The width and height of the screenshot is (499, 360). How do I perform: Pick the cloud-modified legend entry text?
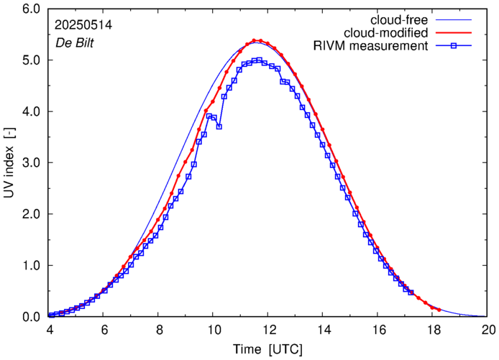[387, 33]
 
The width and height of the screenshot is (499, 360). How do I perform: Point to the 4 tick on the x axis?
[49, 331]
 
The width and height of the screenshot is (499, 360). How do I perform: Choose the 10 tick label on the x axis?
[214, 331]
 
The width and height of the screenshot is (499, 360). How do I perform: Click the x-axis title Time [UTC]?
[268, 349]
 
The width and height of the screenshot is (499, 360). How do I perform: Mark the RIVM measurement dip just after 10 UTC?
[219, 126]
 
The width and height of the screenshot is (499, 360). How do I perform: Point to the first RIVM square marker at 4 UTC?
[50, 315]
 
